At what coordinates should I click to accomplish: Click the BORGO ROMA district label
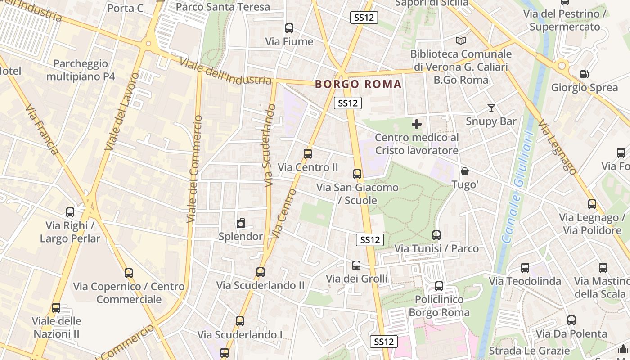point(358,84)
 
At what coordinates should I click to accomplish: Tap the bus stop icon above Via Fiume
point(289,28)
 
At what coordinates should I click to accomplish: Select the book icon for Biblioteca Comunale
point(461,41)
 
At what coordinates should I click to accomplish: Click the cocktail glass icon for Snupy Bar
point(491,108)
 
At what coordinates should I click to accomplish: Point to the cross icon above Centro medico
point(417,124)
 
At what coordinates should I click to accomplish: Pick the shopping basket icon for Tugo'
point(464,172)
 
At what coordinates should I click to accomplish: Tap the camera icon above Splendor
point(241,223)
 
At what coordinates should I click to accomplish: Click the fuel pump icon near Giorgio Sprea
point(584,74)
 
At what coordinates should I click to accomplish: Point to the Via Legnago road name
point(557,147)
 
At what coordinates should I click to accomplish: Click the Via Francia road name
point(41,130)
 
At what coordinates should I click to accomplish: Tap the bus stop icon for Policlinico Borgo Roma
point(439,286)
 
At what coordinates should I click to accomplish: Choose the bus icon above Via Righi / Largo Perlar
point(70,212)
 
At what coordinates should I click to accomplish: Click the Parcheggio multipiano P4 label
point(81,70)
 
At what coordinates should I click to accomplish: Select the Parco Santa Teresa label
point(223,7)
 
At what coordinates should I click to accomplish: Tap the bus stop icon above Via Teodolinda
point(525,268)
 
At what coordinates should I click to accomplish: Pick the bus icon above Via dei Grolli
point(356,265)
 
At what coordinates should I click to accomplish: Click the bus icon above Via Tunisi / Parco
point(436,235)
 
